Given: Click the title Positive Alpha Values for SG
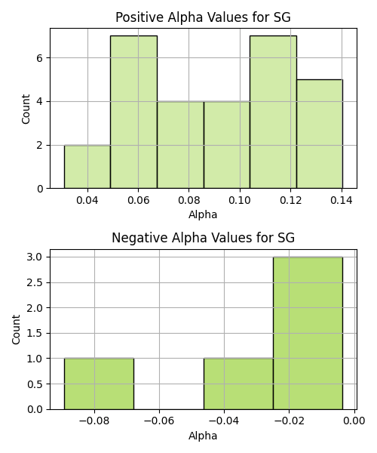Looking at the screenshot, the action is pyautogui.click(x=203, y=17).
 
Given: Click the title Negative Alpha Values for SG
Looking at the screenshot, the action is pyautogui.click(x=203, y=238).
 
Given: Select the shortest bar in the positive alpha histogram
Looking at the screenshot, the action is pyautogui.click(x=87, y=167).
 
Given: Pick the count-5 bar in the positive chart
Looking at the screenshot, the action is pyautogui.click(x=320, y=134).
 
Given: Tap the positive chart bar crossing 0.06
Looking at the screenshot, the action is pyautogui.click(x=134, y=112).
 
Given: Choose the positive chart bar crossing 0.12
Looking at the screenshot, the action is pyautogui.click(x=273, y=112).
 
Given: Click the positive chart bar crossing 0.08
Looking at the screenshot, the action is pyautogui.click(x=180, y=145).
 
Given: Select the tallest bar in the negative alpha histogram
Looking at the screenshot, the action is pyautogui.click(x=308, y=333).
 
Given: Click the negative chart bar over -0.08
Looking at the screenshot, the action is pyautogui.click(x=99, y=384).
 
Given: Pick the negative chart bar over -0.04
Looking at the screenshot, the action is pyautogui.click(x=238, y=384).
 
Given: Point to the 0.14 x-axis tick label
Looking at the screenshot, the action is pyautogui.click(x=342, y=200).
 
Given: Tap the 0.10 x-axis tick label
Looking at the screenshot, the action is pyautogui.click(x=240, y=200).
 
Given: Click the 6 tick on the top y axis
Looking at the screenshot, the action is pyautogui.click(x=39, y=58).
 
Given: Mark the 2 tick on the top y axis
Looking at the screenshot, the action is pyautogui.click(x=39, y=145).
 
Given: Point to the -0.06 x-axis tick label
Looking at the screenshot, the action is pyautogui.click(x=159, y=421).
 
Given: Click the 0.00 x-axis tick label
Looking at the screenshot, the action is pyautogui.click(x=354, y=421).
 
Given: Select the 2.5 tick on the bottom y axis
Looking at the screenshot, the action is pyautogui.click(x=35, y=282).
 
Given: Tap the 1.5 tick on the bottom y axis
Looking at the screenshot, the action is pyautogui.click(x=35, y=334).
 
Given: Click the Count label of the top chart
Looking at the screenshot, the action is pyautogui.click(x=26, y=109).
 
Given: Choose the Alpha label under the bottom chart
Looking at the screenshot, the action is pyautogui.click(x=203, y=436).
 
